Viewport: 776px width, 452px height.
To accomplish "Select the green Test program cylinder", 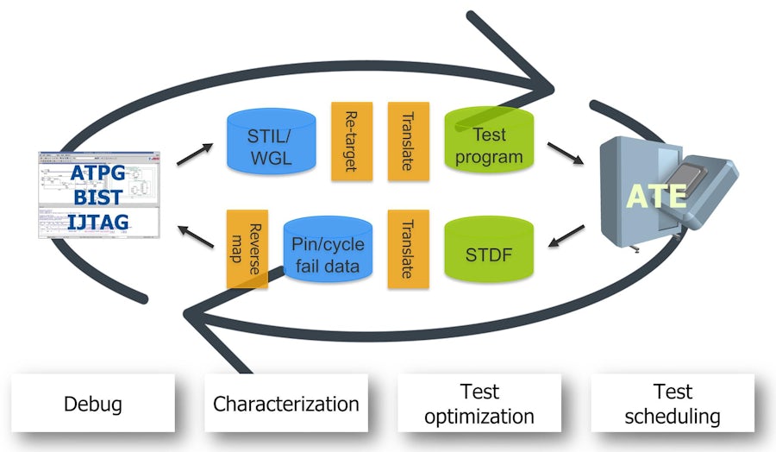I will (x=489, y=146).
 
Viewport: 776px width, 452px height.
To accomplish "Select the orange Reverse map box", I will (x=247, y=249).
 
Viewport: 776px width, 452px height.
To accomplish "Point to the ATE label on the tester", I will (x=657, y=196).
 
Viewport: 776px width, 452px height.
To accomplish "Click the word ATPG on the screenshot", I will (x=97, y=173).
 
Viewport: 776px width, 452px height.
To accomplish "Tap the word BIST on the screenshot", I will (x=97, y=198).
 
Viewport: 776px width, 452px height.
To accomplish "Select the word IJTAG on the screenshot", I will (x=97, y=222).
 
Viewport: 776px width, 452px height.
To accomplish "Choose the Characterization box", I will (x=285, y=403).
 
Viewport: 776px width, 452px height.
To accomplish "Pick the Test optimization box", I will (x=479, y=403).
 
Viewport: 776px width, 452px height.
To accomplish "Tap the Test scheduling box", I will (x=673, y=403).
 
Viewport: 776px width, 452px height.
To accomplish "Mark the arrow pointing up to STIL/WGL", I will (x=195, y=154).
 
